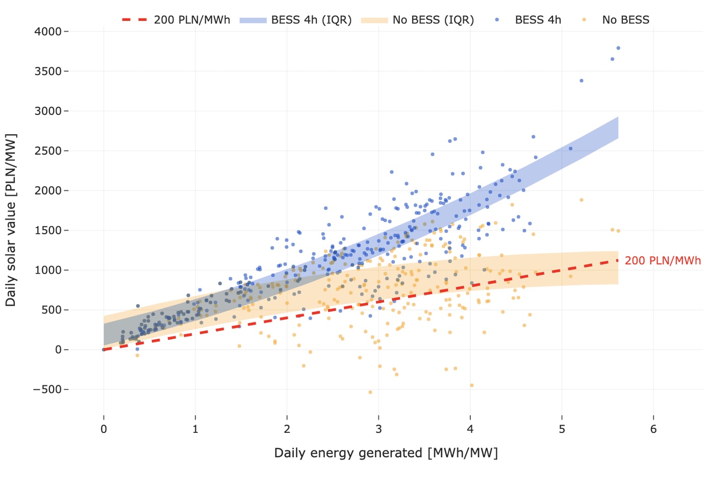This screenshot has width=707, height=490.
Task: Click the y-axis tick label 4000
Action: pyautogui.click(x=48, y=32)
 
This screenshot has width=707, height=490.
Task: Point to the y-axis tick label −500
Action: pyautogui.click(x=47, y=389)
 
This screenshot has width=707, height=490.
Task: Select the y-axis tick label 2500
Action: pyautogui.click(x=48, y=151)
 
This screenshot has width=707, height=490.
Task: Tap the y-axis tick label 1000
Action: pyautogui.click(x=48, y=270)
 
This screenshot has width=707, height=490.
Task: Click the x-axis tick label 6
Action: pyautogui.click(x=653, y=429)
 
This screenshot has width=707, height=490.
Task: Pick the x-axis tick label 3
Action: pyautogui.click(x=378, y=429)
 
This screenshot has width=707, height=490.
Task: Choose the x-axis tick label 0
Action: pyautogui.click(x=104, y=429)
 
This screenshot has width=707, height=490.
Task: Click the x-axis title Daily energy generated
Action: pyautogui.click(x=386, y=453)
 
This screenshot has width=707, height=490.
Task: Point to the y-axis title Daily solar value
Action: pyautogui.click(x=11, y=220)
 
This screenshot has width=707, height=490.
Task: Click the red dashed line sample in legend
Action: pyautogui.click(x=135, y=20)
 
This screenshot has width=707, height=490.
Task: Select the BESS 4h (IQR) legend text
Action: pyautogui.click(x=311, y=20)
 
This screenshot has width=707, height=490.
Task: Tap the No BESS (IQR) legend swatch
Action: pyautogui.click(x=374, y=20)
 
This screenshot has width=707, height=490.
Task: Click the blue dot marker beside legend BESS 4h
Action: pyautogui.click(x=497, y=20)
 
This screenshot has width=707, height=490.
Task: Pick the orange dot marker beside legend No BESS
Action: pyautogui.click(x=584, y=20)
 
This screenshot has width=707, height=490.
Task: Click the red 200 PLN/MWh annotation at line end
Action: pyautogui.click(x=663, y=261)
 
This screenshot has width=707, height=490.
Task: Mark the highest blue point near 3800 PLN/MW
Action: pyautogui.click(x=618, y=48)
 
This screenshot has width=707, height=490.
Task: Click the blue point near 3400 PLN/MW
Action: pyautogui.click(x=582, y=81)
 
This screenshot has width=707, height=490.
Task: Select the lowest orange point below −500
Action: pyautogui.click(x=370, y=392)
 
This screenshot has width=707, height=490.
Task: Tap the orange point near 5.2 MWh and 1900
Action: pyautogui.click(x=582, y=200)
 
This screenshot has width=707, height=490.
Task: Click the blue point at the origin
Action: pyautogui.click(x=104, y=350)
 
